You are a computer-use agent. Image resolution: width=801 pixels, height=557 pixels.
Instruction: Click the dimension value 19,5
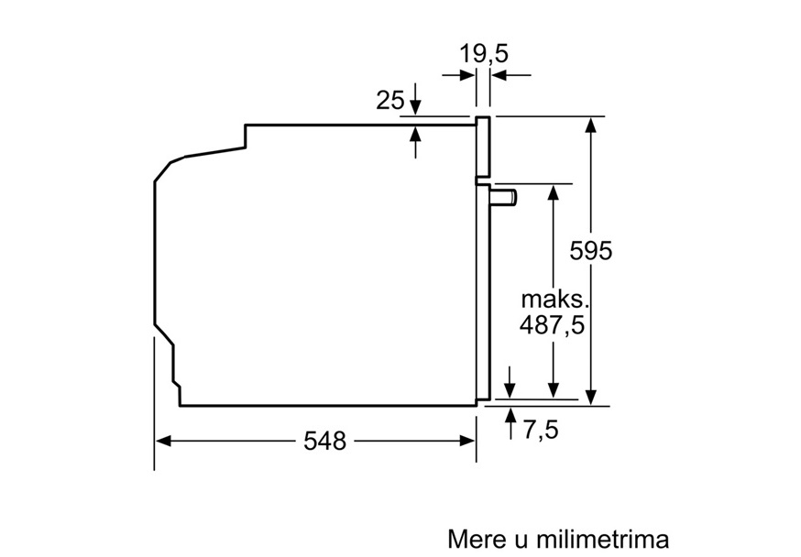[484, 54]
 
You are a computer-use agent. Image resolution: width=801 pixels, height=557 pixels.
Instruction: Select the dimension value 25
[390, 100]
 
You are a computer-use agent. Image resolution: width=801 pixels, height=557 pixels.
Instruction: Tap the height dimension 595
[590, 251]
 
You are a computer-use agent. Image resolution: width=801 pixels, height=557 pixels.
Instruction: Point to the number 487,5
[552, 325]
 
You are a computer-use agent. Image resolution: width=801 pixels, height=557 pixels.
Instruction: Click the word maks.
[555, 300]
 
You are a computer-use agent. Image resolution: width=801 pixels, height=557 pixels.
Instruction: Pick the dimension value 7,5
[541, 430]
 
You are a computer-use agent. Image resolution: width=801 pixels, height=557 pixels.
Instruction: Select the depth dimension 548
[325, 441]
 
